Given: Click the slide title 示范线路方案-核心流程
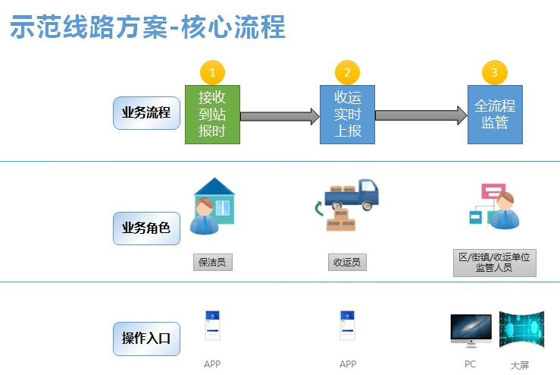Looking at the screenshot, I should point(147,27).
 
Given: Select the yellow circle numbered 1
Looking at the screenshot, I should point(212,73).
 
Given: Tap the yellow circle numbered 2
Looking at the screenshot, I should point(347,73).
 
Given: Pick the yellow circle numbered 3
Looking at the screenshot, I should point(494,73).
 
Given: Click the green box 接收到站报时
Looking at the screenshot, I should point(212,114).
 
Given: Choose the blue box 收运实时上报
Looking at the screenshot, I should point(347,114).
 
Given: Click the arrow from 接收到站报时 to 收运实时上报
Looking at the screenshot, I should point(280,116).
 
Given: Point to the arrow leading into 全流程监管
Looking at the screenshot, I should point(421,115).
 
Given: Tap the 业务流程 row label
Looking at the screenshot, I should point(146,114).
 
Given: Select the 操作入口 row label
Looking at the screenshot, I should point(146,338).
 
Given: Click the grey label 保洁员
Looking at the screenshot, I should point(212,263).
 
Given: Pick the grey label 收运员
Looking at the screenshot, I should point(348,263).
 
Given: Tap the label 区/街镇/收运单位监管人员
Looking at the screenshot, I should point(494,262).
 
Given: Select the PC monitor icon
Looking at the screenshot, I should point(471,329).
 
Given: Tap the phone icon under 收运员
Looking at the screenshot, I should point(348,326).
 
